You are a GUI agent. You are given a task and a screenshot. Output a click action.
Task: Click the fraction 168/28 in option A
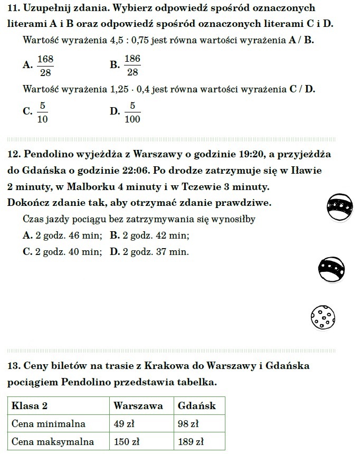click(45, 65)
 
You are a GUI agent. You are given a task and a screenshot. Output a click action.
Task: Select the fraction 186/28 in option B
click(132, 65)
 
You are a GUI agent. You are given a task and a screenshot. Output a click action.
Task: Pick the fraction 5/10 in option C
click(43, 112)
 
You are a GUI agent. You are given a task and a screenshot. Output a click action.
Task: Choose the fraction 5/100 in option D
click(132, 112)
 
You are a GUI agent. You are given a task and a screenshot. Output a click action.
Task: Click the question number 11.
click(14, 8)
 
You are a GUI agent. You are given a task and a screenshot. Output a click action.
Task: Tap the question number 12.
click(14, 154)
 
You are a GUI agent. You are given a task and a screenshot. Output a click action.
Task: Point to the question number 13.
click(14, 365)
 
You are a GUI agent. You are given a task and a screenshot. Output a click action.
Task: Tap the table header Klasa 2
click(30, 406)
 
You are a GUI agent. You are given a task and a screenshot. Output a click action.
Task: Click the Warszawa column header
click(138, 406)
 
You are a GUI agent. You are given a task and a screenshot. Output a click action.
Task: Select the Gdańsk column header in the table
click(197, 406)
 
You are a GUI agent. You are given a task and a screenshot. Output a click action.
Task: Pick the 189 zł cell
click(191, 442)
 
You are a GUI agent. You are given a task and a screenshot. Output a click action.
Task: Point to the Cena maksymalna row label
click(53, 442)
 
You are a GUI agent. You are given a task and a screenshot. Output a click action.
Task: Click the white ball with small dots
click(323, 317)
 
